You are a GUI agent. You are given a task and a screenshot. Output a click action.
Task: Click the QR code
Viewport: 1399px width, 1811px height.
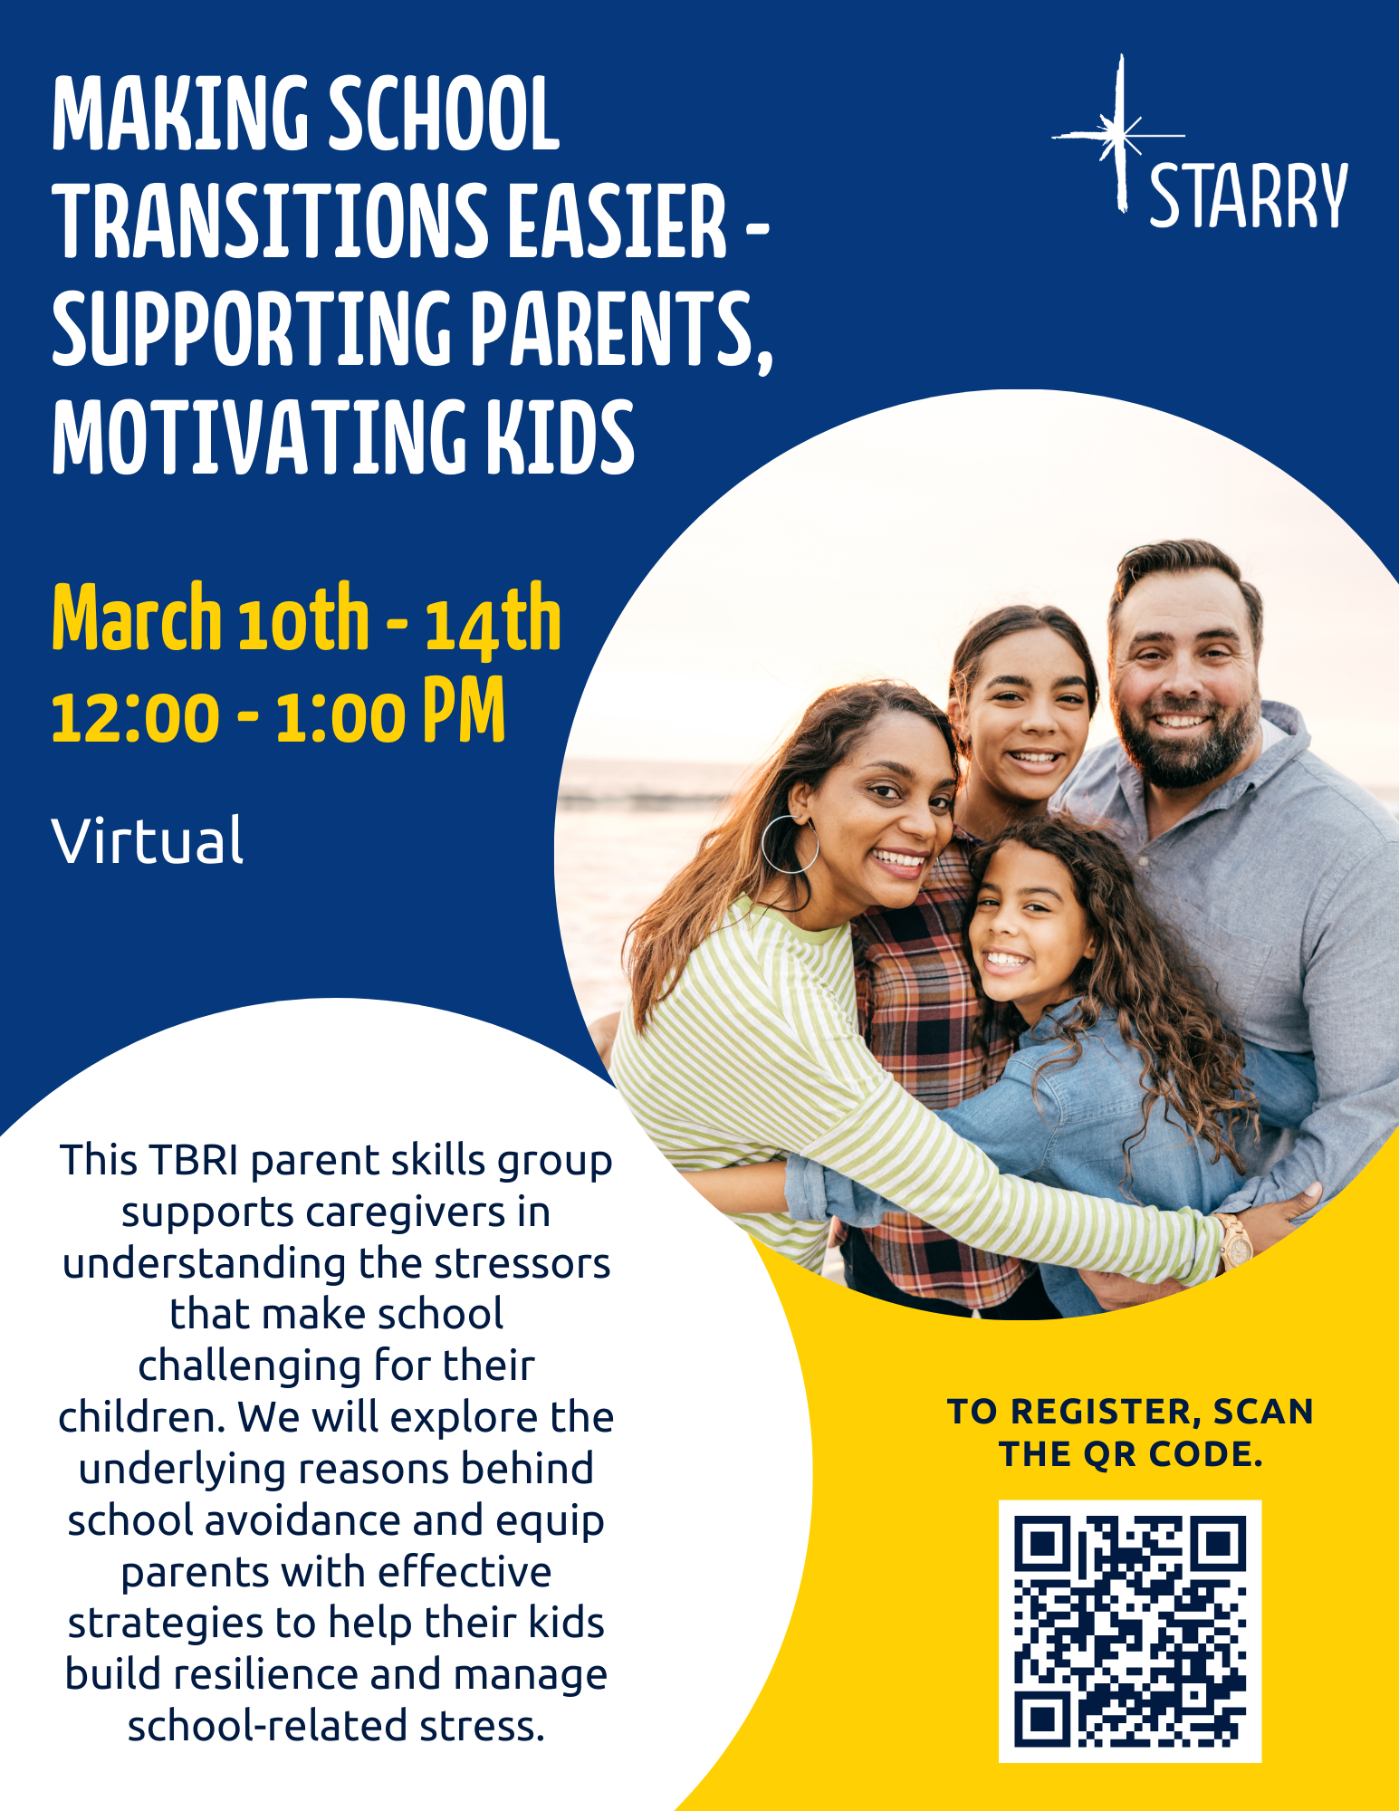[x=1129, y=1631]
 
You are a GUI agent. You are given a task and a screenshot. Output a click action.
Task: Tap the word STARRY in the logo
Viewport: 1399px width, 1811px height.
[x=1249, y=196]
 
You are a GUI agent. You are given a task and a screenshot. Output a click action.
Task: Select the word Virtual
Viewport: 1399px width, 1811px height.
[x=148, y=840]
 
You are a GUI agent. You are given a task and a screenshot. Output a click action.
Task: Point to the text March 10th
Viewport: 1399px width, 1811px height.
[x=211, y=618]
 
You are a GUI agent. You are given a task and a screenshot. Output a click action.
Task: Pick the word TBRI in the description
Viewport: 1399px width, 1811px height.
[x=196, y=1160]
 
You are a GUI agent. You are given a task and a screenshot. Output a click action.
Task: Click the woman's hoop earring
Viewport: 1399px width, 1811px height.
[x=791, y=844]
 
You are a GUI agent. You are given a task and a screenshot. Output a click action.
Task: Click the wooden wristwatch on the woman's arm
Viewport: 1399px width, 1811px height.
[x=1234, y=1241]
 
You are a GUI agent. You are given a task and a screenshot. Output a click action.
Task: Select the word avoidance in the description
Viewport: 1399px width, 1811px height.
[x=303, y=1520]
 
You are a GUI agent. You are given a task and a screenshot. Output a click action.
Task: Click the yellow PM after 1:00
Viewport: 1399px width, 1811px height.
[x=464, y=710]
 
